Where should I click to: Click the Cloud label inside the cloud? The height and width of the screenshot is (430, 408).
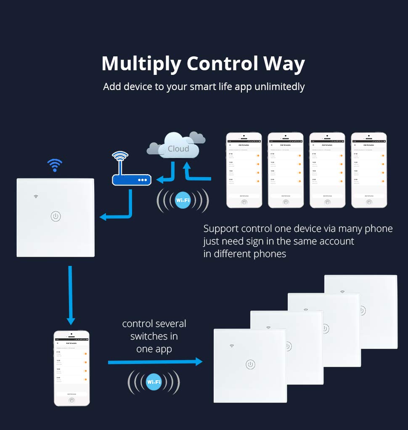(178, 149)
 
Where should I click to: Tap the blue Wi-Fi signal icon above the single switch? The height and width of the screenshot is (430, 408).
(54, 165)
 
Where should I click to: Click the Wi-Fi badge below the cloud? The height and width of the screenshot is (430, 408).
(183, 200)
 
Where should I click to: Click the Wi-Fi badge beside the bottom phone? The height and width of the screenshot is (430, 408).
(154, 382)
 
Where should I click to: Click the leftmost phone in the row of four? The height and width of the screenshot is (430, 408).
(244, 170)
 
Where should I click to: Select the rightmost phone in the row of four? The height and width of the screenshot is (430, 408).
(369, 170)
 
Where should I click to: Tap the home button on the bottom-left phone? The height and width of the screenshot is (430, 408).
(72, 400)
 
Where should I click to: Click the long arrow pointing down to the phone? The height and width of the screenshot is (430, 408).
(70, 295)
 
